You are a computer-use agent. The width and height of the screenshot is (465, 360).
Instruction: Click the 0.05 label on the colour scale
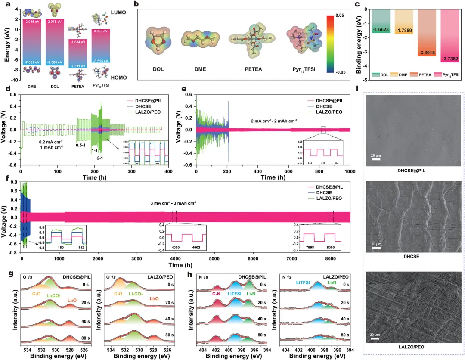point(340,16)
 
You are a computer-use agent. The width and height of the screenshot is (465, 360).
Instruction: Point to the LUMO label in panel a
point(118,13)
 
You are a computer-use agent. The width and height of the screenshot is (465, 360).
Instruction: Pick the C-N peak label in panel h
point(217,293)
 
